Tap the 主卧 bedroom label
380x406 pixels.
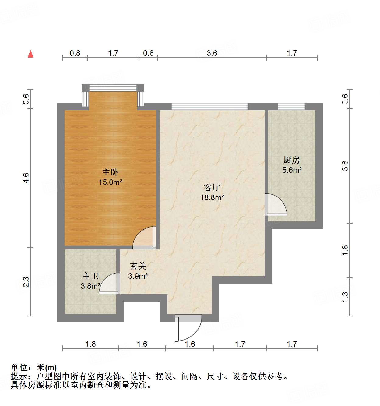pos(110,172)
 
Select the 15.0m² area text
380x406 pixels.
pos(110,182)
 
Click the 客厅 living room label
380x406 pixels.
pos(212,187)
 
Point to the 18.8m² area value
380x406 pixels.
pos(212,197)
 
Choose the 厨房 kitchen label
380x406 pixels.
pos(292,160)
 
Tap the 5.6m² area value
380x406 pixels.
pos(292,170)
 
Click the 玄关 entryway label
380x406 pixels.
pos(138,266)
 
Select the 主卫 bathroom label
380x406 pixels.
pos(90,276)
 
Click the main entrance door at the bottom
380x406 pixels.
pos(188,327)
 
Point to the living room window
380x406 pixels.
pos(209,106)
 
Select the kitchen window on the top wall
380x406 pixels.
pos(291,106)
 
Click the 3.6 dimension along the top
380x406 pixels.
pos(212,53)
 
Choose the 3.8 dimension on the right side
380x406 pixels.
pos(345,166)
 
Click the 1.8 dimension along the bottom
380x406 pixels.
pos(90,344)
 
